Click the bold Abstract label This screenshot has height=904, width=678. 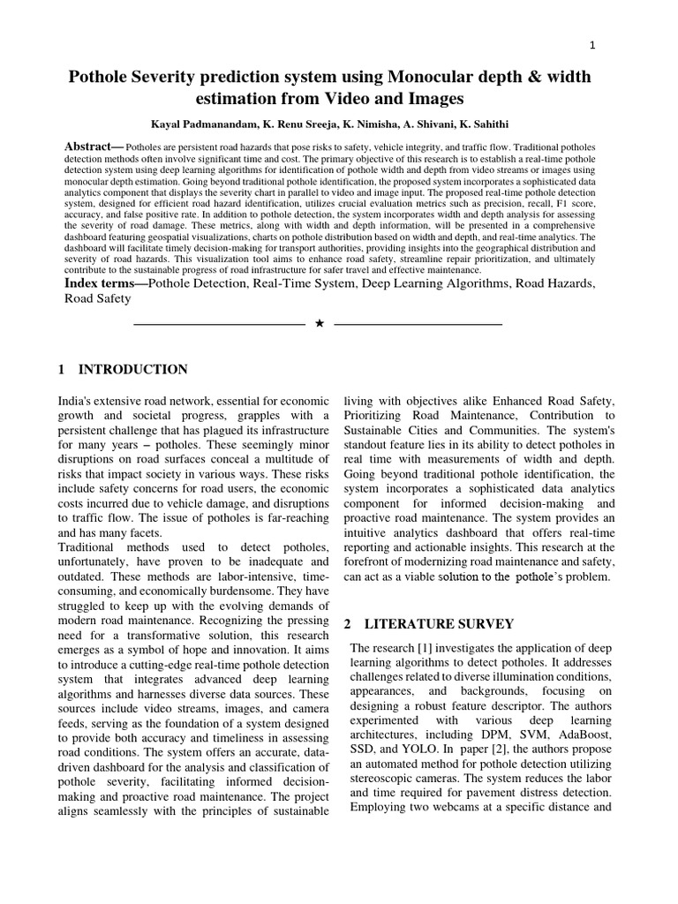94,146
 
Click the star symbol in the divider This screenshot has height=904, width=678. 320,324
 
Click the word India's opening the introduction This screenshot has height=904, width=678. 79,401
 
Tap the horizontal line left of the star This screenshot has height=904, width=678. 218,324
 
